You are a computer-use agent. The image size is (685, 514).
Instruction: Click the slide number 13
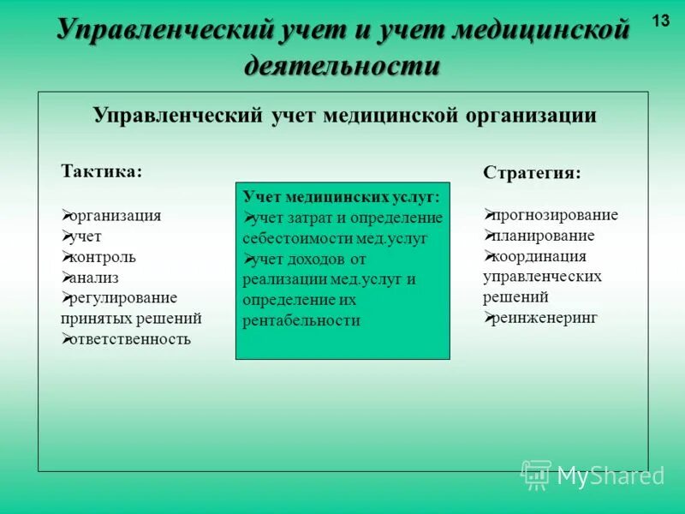coord(661,21)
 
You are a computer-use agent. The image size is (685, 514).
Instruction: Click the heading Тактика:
coord(101,170)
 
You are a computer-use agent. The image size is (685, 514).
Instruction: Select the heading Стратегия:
coord(531,172)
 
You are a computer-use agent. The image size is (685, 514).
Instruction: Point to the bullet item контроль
coord(104,257)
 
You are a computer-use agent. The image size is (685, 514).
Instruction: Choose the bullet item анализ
coord(95,278)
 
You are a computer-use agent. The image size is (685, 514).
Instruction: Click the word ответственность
coord(131,338)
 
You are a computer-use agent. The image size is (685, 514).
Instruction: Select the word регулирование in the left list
coord(125,298)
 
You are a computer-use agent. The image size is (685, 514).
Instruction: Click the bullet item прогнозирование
coord(556,215)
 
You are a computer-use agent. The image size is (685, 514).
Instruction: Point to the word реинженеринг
coord(545,318)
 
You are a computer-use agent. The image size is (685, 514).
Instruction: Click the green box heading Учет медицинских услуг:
coord(342,197)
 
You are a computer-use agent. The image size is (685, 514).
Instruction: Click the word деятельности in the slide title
coord(342,65)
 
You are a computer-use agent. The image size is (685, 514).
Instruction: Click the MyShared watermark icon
coord(536,474)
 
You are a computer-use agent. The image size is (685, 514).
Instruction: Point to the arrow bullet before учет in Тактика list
coord(67,236)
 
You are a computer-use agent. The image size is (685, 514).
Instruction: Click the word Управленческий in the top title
coord(164,31)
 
